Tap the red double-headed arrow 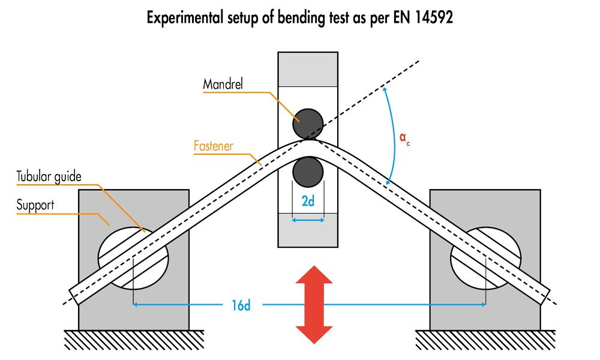click(x=314, y=305)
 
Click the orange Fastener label click(x=213, y=146)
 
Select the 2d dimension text click(x=308, y=202)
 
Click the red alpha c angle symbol click(x=406, y=139)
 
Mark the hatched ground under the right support click(x=486, y=340)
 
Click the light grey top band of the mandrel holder click(x=308, y=69)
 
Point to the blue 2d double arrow click(x=308, y=220)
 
